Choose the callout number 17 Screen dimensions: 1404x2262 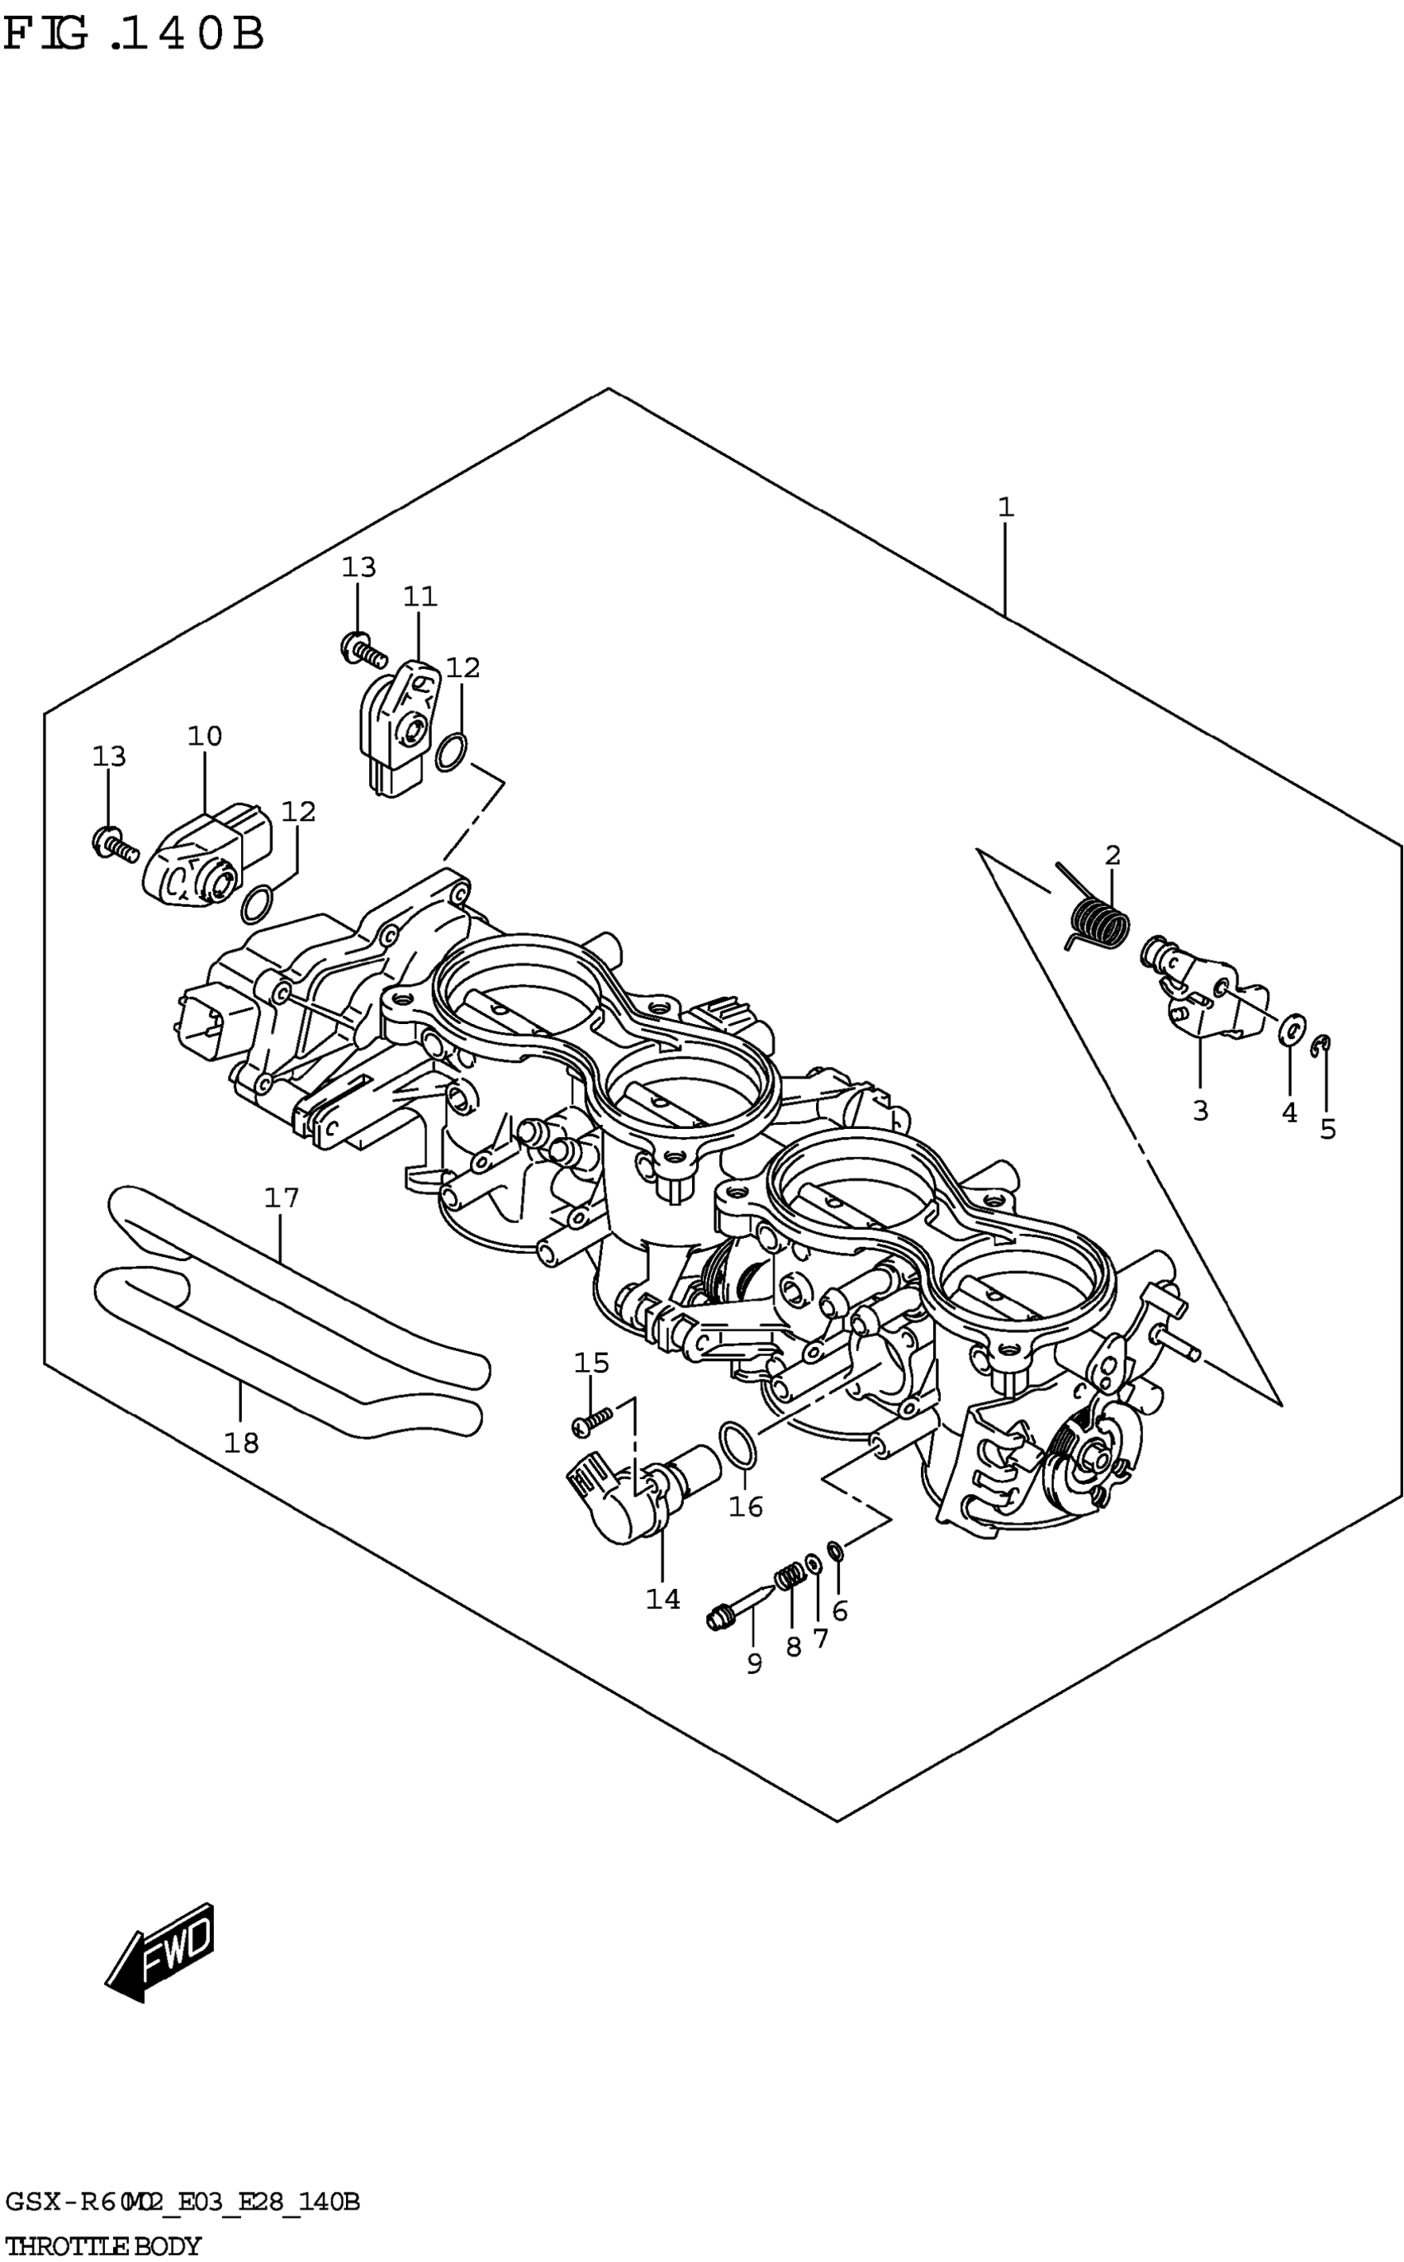pos(282,1197)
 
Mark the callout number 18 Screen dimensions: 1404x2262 pos(240,1442)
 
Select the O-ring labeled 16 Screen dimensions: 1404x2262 pos(738,1445)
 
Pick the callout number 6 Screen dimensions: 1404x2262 pos(839,1611)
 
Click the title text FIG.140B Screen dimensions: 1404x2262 pos(135,36)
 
